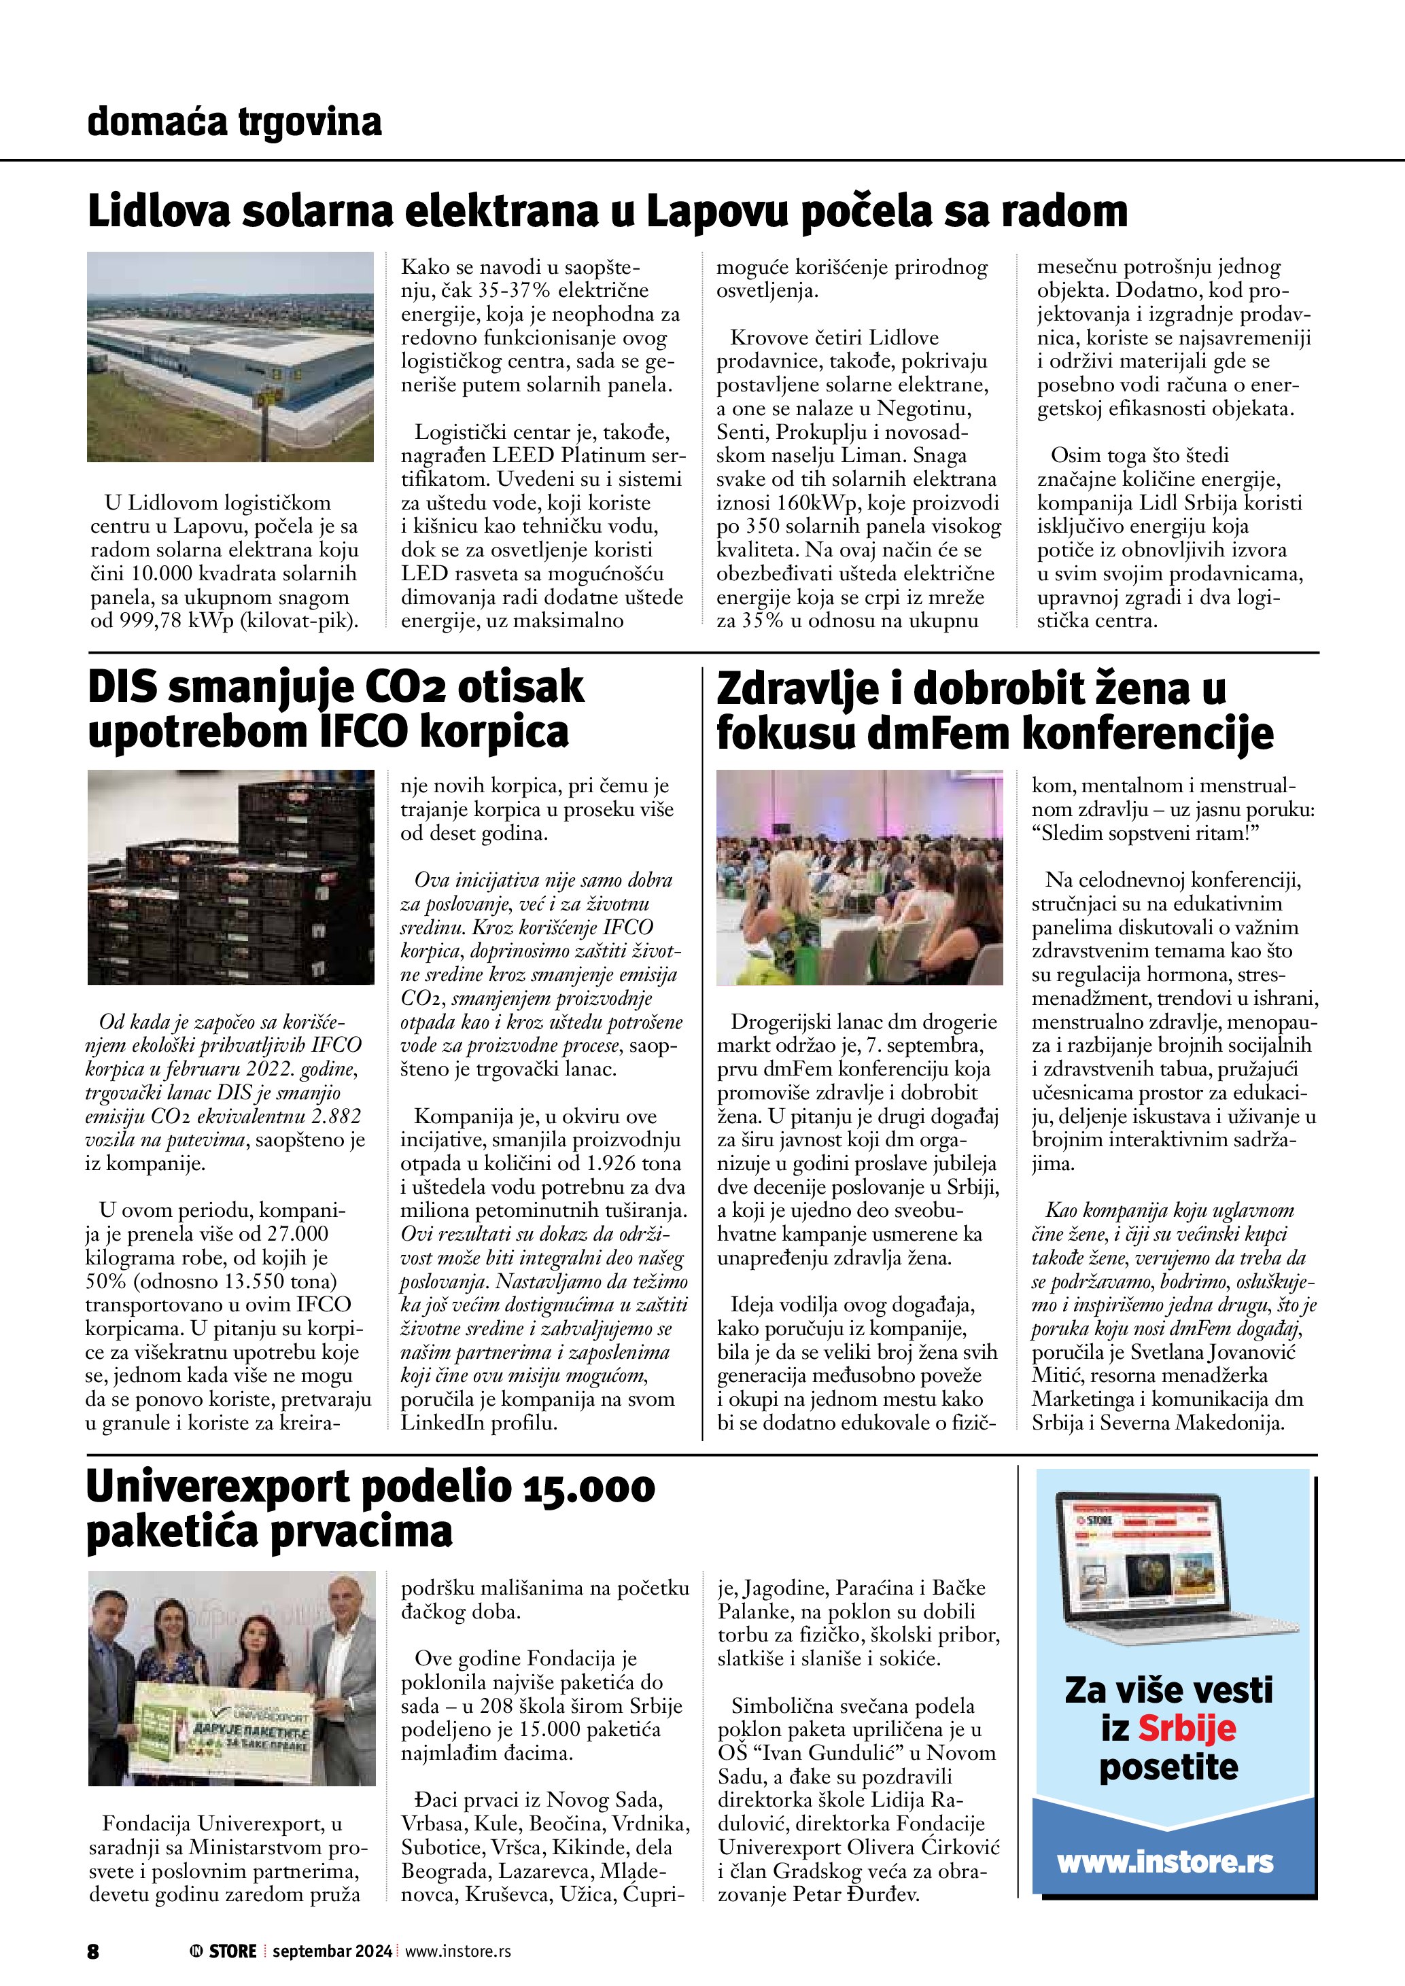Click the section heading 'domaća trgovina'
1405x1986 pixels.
tap(235, 122)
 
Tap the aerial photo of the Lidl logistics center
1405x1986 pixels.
tap(230, 357)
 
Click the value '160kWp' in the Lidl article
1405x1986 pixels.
tap(834, 503)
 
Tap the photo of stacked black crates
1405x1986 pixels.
tap(231, 877)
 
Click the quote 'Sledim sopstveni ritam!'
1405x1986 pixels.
tap(1143, 834)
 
